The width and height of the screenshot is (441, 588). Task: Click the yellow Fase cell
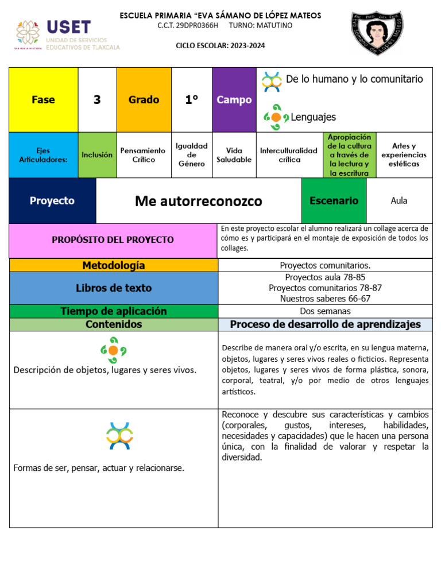click(x=44, y=100)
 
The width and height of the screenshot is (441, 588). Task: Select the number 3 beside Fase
click(x=97, y=100)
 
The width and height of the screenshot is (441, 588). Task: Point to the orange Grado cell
click(x=144, y=100)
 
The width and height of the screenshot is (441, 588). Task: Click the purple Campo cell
click(x=234, y=100)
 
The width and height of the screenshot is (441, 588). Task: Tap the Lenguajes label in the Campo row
click(x=313, y=117)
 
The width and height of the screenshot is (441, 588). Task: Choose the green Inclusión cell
click(x=97, y=155)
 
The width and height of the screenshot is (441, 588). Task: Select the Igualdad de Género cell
click(x=192, y=155)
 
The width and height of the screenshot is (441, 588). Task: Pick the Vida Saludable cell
click(x=234, y=155)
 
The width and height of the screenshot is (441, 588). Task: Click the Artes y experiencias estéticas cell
click(x=404, y=155)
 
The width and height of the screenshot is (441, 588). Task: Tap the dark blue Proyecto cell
click(x=52, y=201)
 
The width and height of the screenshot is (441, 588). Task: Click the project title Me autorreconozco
click(x=199, y=201)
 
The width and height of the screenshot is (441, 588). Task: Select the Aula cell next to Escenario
click(x=399, y=201)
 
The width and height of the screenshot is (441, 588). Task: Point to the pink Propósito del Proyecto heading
click(x=113, y=240)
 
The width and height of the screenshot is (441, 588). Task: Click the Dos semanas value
click(x=325, y=311)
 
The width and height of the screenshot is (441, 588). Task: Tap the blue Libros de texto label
click(x=113, y=288)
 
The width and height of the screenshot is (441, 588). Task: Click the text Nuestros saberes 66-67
click(x=325, y=299)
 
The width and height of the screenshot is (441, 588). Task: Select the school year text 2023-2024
click(x=245, y=46)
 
